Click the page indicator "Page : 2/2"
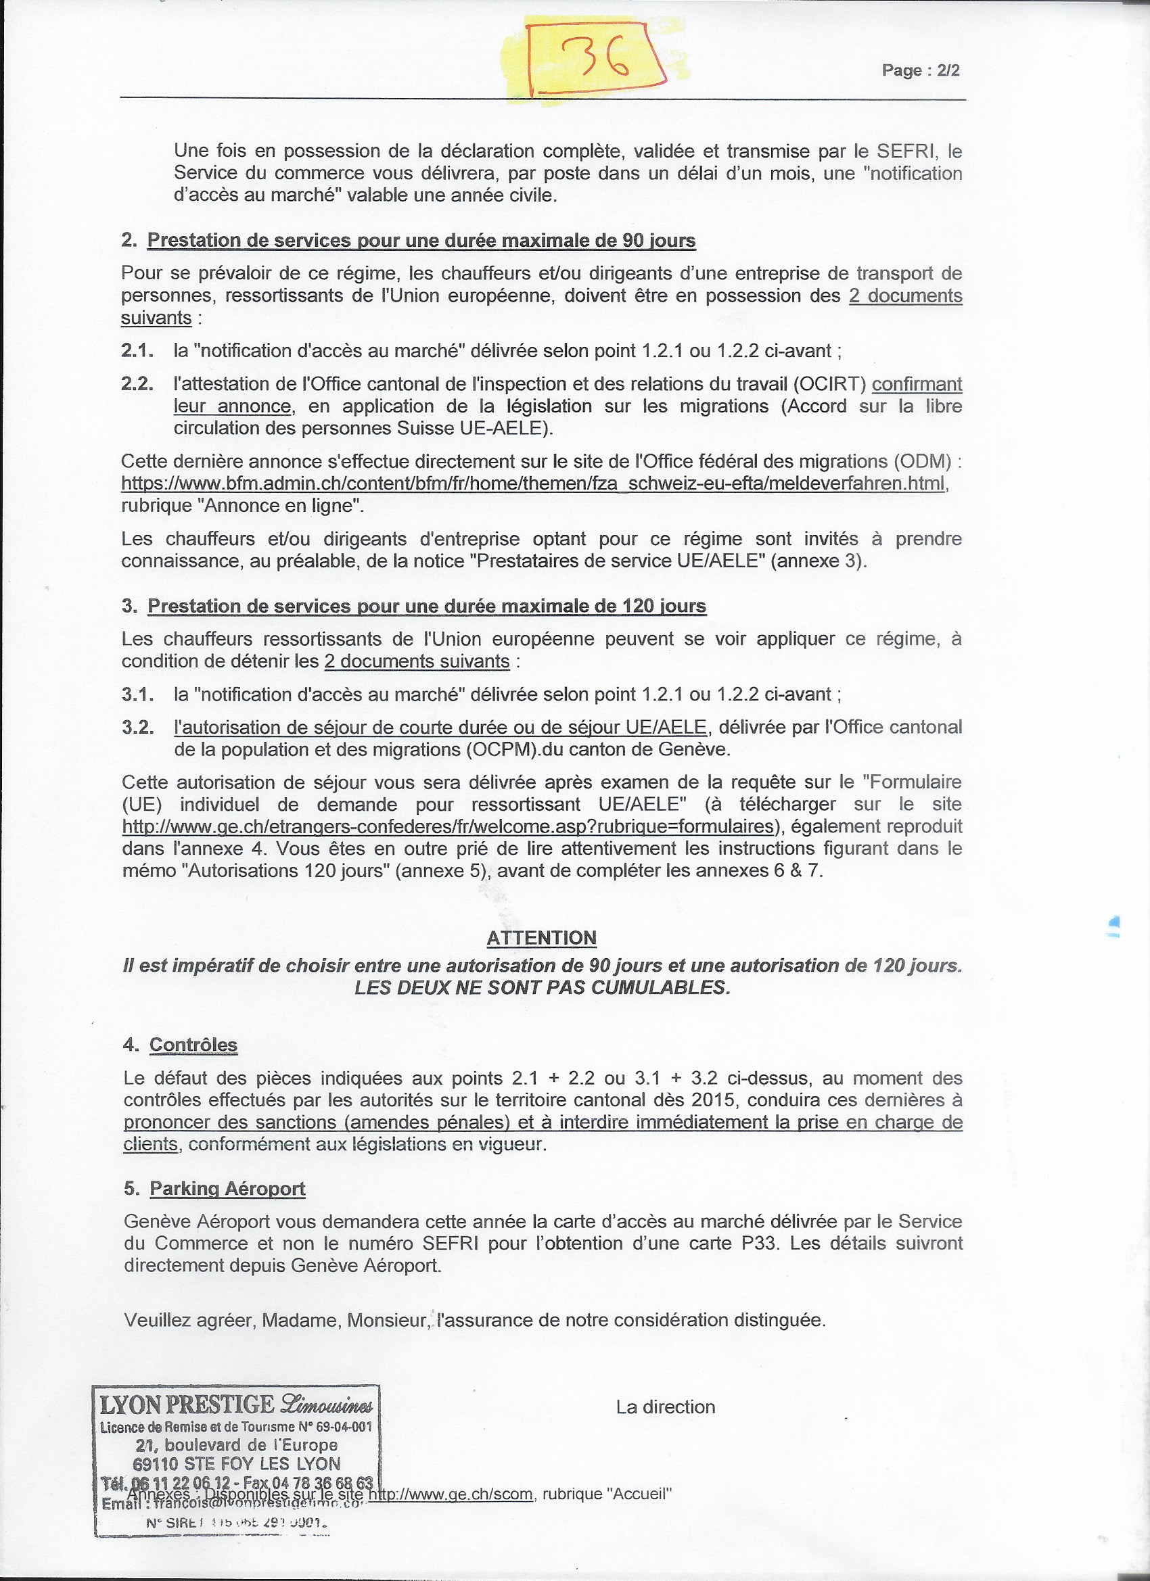click(x=921, y=70)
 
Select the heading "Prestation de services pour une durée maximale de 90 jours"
click(x=421, y=241)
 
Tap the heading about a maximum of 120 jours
click(x=426, y=606)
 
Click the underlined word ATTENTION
click(x=541, y=938)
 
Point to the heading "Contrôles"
click(x=193, y=1045)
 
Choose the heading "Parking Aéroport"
click(x=227, y=1189)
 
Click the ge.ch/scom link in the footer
click(x=451, y=1494)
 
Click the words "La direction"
click(x=666, y=1407)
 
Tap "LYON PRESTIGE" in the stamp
click(x=187, y=1404)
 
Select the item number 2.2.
click(x=137, y=384)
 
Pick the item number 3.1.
click(x=137, y=694)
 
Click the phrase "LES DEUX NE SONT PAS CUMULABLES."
click(x=542, y=988)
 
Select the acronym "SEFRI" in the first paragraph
click(x=906, y=151)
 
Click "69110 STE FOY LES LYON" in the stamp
click(x=236, y=1464)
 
